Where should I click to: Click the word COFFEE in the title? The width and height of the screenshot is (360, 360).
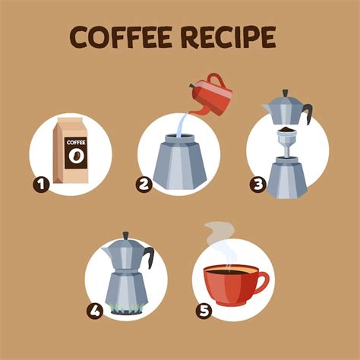point(120,37)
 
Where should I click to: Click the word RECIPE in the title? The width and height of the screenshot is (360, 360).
point(229,37)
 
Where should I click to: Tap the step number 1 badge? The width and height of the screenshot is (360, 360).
point(41,185)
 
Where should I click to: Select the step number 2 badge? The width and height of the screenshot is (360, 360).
point(144,185)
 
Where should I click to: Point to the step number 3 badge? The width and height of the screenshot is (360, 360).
point(258,185)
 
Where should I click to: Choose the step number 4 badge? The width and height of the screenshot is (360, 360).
point(95,311)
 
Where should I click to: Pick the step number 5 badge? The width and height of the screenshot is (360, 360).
point(204,311)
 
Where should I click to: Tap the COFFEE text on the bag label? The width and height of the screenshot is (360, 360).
point(76,143)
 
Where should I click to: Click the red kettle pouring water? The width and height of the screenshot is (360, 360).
point(211,95)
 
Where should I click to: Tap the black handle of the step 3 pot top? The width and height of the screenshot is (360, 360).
point(308,112)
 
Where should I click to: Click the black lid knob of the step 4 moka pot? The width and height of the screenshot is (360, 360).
point(126,235)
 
